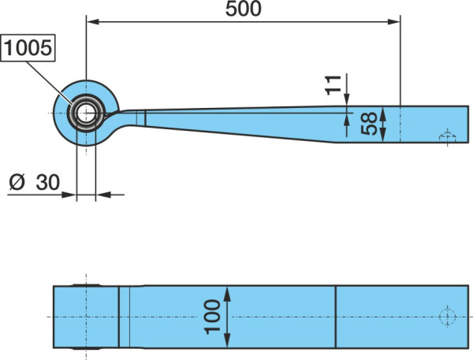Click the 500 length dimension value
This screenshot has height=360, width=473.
(x=243, y=9)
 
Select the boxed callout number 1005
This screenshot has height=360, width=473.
(x=28, y=48)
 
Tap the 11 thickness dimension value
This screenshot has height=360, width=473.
(x=333, y=85)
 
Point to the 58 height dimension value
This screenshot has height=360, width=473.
(x=369, y=124)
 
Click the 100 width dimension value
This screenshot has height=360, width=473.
(x=212, y=317)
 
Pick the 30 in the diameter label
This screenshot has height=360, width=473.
(x=47, y=182)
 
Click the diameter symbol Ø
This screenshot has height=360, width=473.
(x=17, y=182)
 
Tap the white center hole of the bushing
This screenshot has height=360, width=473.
(x=86, y=113)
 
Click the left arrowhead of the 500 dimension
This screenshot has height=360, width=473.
(x=93, y=22)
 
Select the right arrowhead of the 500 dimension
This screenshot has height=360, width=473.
(x=393, y=22)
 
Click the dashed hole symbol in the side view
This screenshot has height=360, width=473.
(x=447, y=136)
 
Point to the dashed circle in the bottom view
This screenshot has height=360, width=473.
(x=447, y=317)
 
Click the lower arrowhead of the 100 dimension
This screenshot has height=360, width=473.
(x=228, y=341)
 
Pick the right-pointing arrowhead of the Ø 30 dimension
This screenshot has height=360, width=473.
(x=69, y=195)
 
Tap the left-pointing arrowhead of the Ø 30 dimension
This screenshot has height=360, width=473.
(x=103, y=195)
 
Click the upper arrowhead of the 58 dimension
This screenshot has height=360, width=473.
(x=383, y=113)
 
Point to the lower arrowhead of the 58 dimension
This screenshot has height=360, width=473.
(x=383, y=135)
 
